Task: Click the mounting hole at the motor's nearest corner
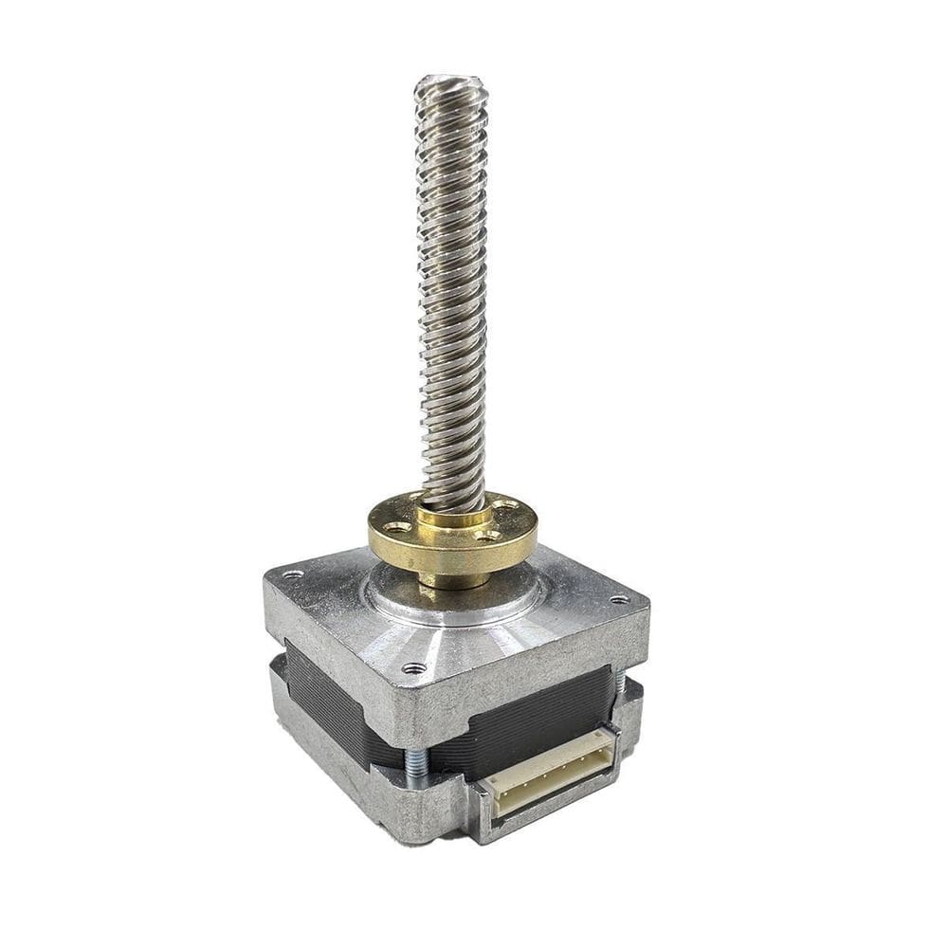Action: pyautogui.click(x=410, y=667)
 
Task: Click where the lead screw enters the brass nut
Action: pyautogui.click(x=453, y=507)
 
